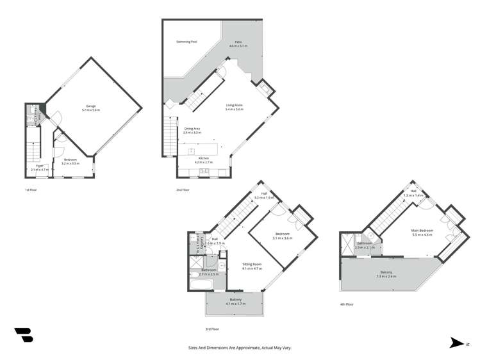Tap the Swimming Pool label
[x=186, y=42]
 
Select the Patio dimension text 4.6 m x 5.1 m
[x=238, y=47]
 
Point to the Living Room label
[x=234, y=105]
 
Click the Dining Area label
[x=193, y=129]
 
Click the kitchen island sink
[x=191, y=151]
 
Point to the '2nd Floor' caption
[x=182, y=190]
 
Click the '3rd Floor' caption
[x=212, y=329]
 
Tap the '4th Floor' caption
[x=346, y=304]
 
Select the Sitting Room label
[x=252, y=264]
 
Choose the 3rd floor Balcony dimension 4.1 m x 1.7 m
[x=235, y=304]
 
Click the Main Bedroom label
[x=422, y=230]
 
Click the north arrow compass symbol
[x=456, y=343]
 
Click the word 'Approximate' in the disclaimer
[x=233, y=347]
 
